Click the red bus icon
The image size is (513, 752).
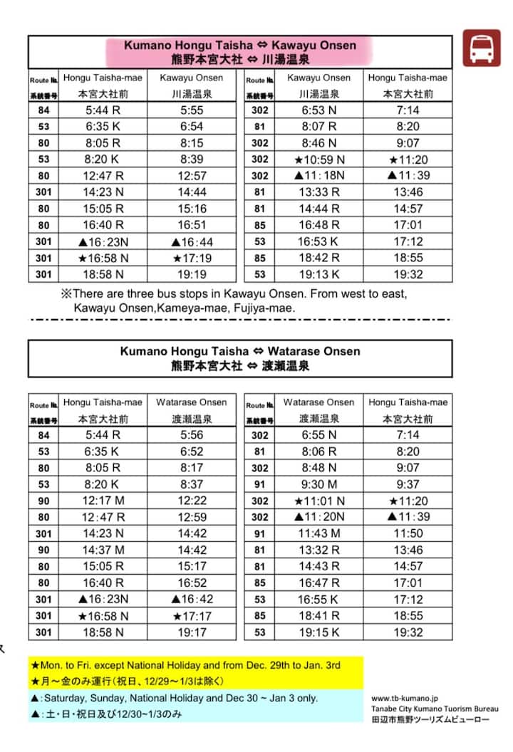click(482, 48)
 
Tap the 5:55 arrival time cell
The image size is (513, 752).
click(191, 110)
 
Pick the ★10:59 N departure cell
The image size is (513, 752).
click(318, 160)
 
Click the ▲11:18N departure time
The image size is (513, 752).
click(318, 176)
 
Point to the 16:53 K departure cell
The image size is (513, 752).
click(318, 241)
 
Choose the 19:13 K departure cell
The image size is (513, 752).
click(318, 274)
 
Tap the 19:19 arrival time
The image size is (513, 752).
click(191, 274)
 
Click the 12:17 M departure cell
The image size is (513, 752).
click(103, 501)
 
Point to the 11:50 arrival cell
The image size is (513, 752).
click(408, 533)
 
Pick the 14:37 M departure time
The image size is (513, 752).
click(103, 550)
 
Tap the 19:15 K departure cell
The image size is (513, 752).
click(318, 632)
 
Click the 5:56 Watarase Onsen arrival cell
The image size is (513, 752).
click(191, 435)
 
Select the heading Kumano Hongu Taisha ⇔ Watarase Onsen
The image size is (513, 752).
click(240, 351)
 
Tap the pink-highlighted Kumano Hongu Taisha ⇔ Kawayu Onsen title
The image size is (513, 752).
click(239, 45)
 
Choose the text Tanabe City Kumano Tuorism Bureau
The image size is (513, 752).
click(434, 709)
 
